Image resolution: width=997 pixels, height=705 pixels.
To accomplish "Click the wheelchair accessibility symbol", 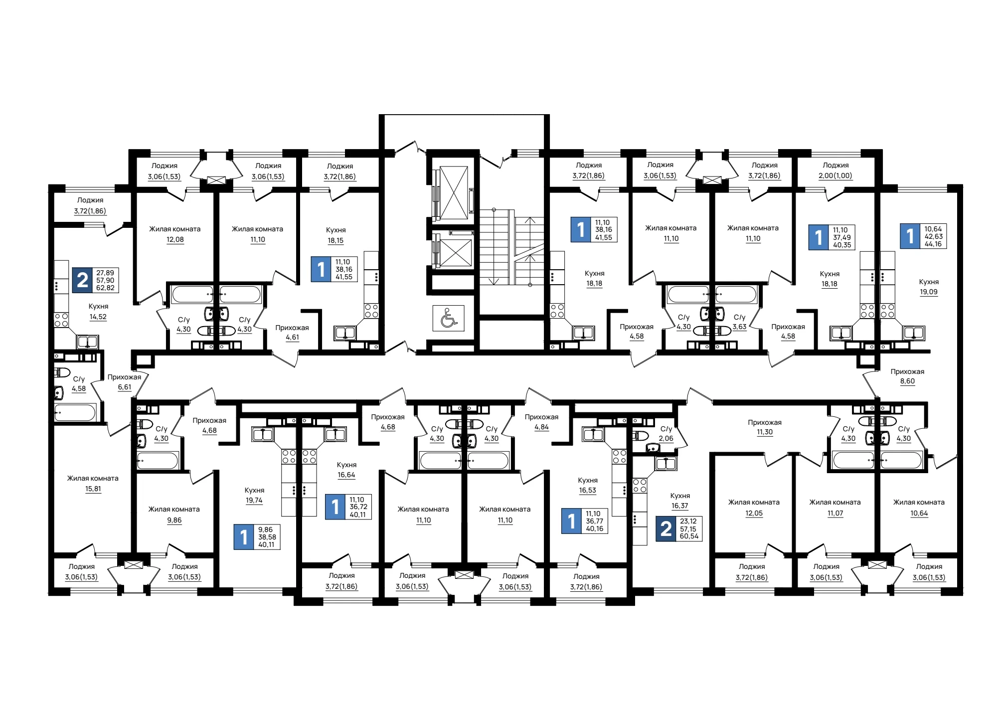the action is pos(449,318).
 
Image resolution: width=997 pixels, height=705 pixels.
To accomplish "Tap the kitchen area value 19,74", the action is pos(254,501).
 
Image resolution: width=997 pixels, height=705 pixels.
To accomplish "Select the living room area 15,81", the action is pos(93,489).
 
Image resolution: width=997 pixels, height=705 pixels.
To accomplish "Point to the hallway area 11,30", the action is pos(765,432).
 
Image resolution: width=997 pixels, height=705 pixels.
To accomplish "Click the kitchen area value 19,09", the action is pos(929,292).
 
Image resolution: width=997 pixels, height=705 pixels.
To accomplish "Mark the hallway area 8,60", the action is pos(907,381).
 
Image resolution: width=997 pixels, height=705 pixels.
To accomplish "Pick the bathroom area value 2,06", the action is pos(666,439).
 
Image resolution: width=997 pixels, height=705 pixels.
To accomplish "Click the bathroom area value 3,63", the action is pos(739,327).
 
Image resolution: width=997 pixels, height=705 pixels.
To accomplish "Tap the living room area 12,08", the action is pos(175,240).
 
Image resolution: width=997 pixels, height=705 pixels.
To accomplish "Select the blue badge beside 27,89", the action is pos(82,280).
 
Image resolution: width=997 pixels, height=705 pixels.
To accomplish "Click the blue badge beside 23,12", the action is pos(666,529).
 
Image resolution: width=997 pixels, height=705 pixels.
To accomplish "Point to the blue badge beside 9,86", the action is pos(244,537).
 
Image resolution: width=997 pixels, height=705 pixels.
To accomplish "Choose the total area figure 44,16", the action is pos(933,244).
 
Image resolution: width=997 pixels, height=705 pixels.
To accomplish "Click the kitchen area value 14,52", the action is pos(98,317).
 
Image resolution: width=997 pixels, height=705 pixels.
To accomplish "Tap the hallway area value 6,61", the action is pos(125,387).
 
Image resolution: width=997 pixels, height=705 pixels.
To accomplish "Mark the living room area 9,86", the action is pos(174,521).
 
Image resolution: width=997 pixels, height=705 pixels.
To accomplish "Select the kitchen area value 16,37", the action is pos(680,506).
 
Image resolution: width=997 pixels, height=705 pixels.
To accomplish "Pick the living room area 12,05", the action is pos(754,514).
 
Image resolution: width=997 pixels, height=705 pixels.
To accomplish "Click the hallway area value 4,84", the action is pos(541,427).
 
